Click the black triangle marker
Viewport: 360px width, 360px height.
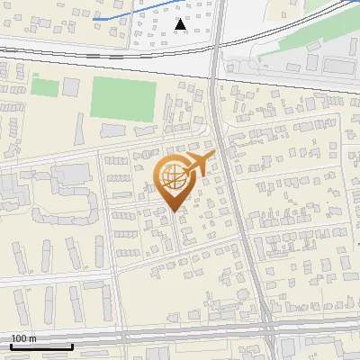click(x=181, y=24)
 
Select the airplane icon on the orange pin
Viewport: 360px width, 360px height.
click(x=199, y=165)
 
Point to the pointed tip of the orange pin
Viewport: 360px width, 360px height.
click(x=174, y=211)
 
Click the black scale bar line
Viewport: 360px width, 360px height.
click(x=41, y=346)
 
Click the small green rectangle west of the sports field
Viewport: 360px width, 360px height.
click(x=45, y=86)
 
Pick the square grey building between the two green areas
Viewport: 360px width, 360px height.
click(x=71, y=87)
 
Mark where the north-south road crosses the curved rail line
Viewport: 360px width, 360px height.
click(x=216, y=62)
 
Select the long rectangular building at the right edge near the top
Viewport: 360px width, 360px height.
click(x=340, y=66)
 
